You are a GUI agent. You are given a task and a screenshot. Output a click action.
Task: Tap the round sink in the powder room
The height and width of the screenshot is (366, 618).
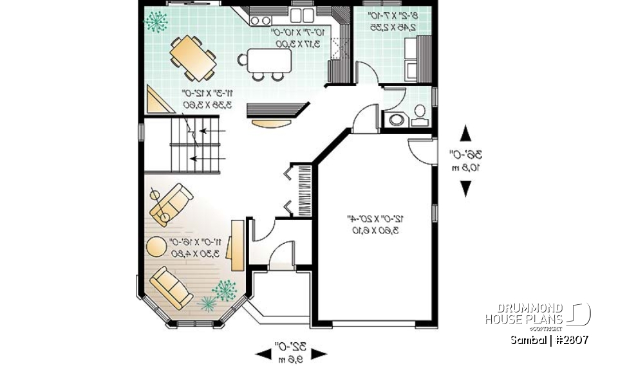pyautogui.click(x=397, y=119)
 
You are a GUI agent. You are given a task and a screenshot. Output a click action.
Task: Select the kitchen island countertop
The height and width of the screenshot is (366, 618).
pyautogui.click(x=269, y=60)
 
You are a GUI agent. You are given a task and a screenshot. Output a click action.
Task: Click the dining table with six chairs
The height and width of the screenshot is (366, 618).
pyautogui.click(x=192, y=57)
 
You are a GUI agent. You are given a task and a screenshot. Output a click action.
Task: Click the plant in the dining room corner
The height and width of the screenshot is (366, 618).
pyautogui.click(x=155, y=21)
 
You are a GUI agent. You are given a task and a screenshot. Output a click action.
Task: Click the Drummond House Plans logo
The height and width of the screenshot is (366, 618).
pyautogui.click(x=538, y=314)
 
